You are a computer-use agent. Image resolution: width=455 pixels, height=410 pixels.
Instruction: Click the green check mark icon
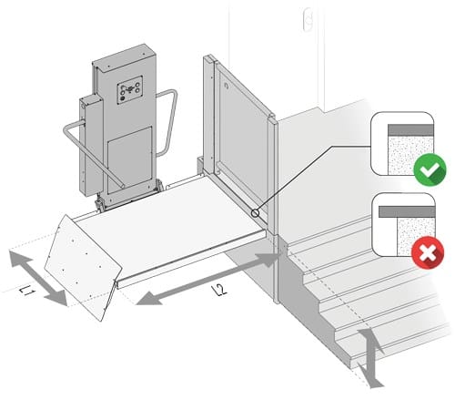tap(430, 169)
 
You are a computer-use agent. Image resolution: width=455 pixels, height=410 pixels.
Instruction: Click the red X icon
tap(428, 252)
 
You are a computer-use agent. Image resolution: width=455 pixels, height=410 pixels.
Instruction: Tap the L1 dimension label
tap(27, 292)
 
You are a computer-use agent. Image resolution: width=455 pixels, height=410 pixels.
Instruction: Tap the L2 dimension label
tap(219, 290)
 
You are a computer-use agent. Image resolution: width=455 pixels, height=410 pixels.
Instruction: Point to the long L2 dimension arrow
tap(207, 279)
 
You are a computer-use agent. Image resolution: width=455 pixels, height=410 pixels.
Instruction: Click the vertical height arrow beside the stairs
tap(370, 358)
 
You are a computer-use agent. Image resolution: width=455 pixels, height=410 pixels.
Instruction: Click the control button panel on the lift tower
tap(130, 90)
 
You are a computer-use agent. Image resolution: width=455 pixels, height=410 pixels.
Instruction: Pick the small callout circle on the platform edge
tap(256, 213)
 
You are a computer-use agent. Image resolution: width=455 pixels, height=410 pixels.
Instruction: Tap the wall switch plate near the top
tap(308, 19)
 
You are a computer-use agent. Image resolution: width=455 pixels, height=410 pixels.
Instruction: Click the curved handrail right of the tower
tap(167, 121)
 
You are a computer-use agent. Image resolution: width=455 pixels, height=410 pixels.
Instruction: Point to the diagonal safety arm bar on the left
tap(91, 152)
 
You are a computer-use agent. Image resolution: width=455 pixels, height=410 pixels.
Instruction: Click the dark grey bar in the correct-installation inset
tap(410, 129)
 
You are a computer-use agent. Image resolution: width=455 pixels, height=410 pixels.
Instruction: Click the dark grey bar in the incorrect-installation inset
tap(407, 211)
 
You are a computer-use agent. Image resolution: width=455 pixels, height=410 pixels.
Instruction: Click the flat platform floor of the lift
tap(170, 225)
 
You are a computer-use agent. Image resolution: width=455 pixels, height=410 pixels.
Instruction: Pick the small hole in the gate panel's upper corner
tap(226, 86)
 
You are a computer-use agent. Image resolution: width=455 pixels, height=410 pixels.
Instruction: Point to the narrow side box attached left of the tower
tap(91, 145)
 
